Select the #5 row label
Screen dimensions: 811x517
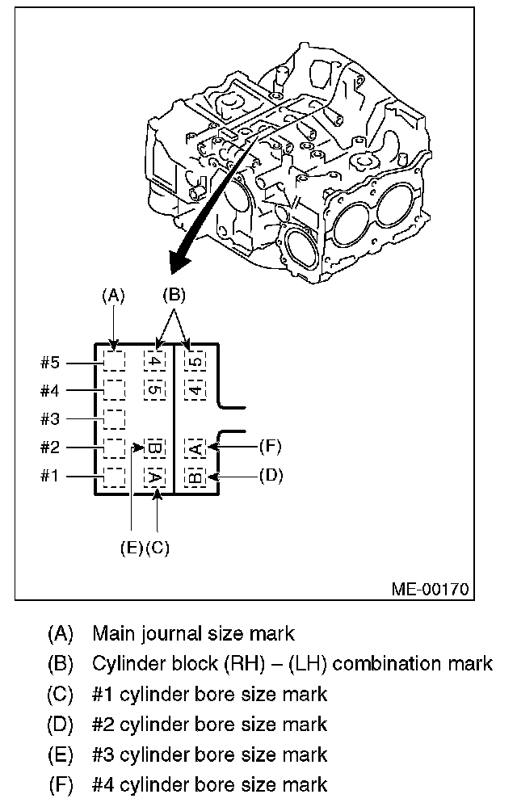(51, 363)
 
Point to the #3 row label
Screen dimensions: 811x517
(51, 418)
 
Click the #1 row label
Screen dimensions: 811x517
(51, 475)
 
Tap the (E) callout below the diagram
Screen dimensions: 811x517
(132, 548)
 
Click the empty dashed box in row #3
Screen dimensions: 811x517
(115, 418)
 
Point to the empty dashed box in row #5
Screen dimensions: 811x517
(115, 360)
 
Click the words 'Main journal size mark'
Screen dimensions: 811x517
(193, 632)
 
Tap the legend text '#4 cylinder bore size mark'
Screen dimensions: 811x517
(209, 784)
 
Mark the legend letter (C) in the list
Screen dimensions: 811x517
(61, 694)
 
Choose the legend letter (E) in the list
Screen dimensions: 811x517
(61, 754)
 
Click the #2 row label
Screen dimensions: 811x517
(51, 447)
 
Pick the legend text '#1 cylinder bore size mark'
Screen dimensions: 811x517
(209, 694)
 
